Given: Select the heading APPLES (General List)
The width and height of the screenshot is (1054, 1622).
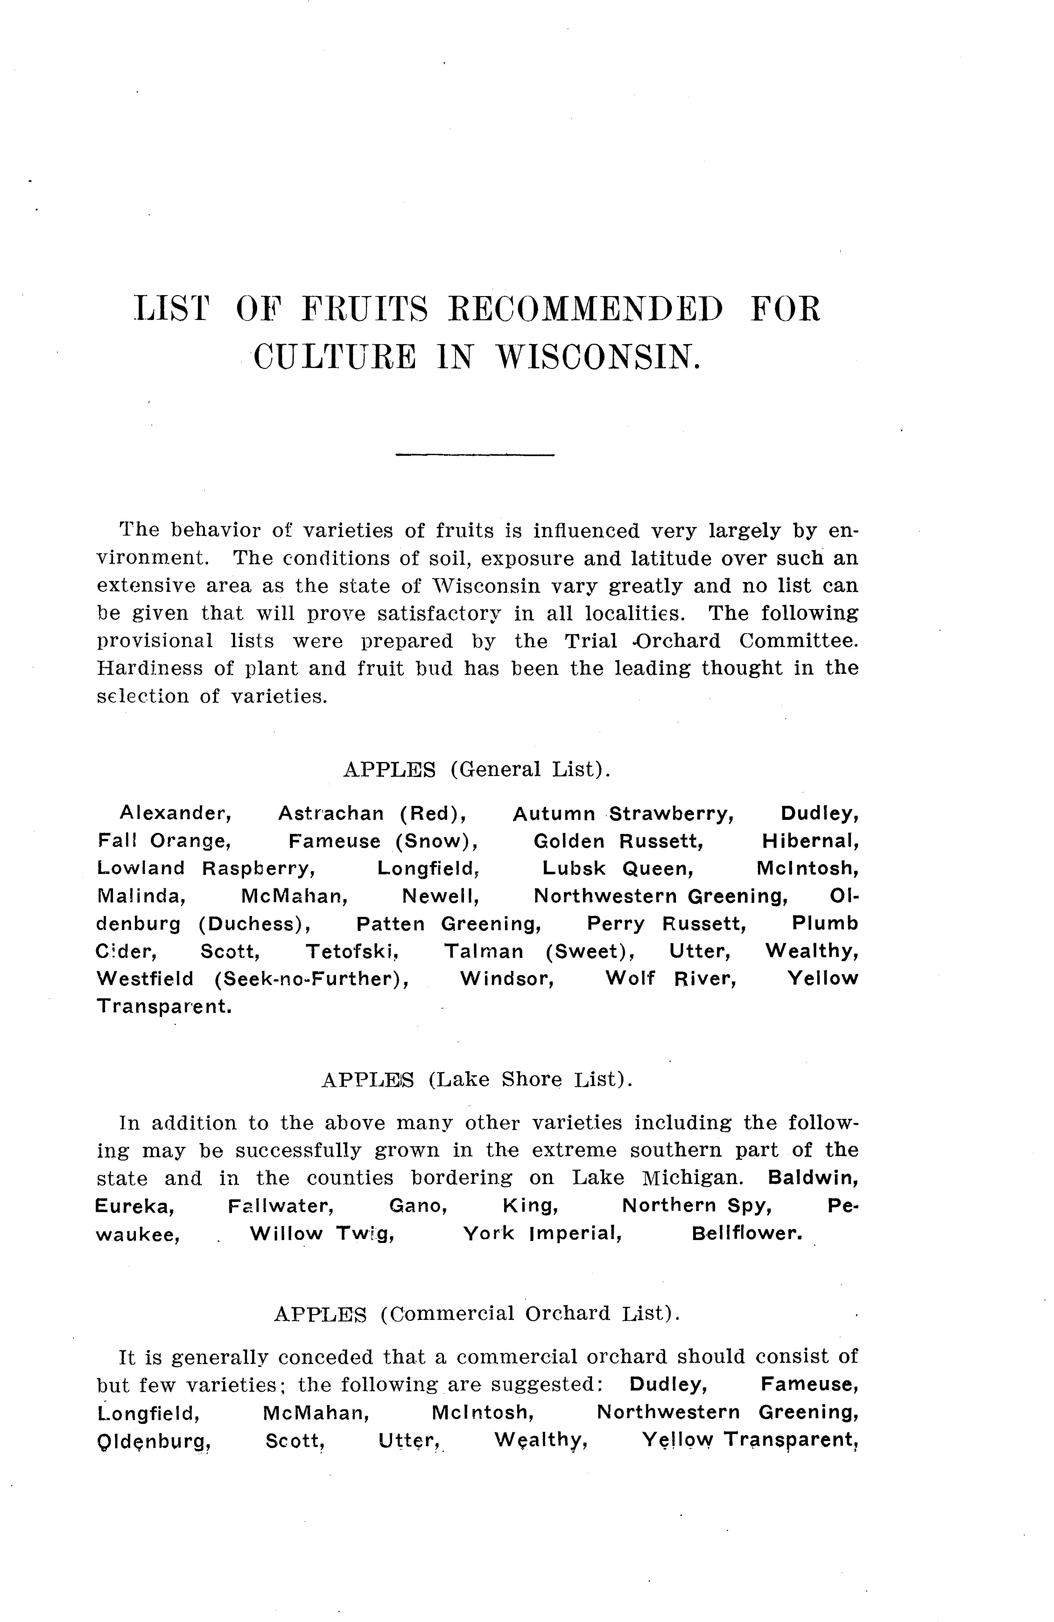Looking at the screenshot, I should tap(476, 769).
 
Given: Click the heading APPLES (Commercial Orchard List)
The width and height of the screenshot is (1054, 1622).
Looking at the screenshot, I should tap(476, 1313).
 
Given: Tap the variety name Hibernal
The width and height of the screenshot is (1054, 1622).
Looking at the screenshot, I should tap(810, 841).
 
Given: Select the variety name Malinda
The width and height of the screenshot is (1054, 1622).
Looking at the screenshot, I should tap(141, 896).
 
